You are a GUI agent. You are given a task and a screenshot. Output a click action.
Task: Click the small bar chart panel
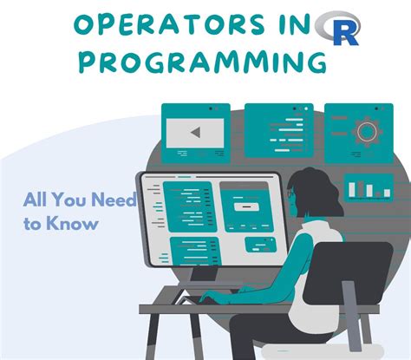369,186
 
